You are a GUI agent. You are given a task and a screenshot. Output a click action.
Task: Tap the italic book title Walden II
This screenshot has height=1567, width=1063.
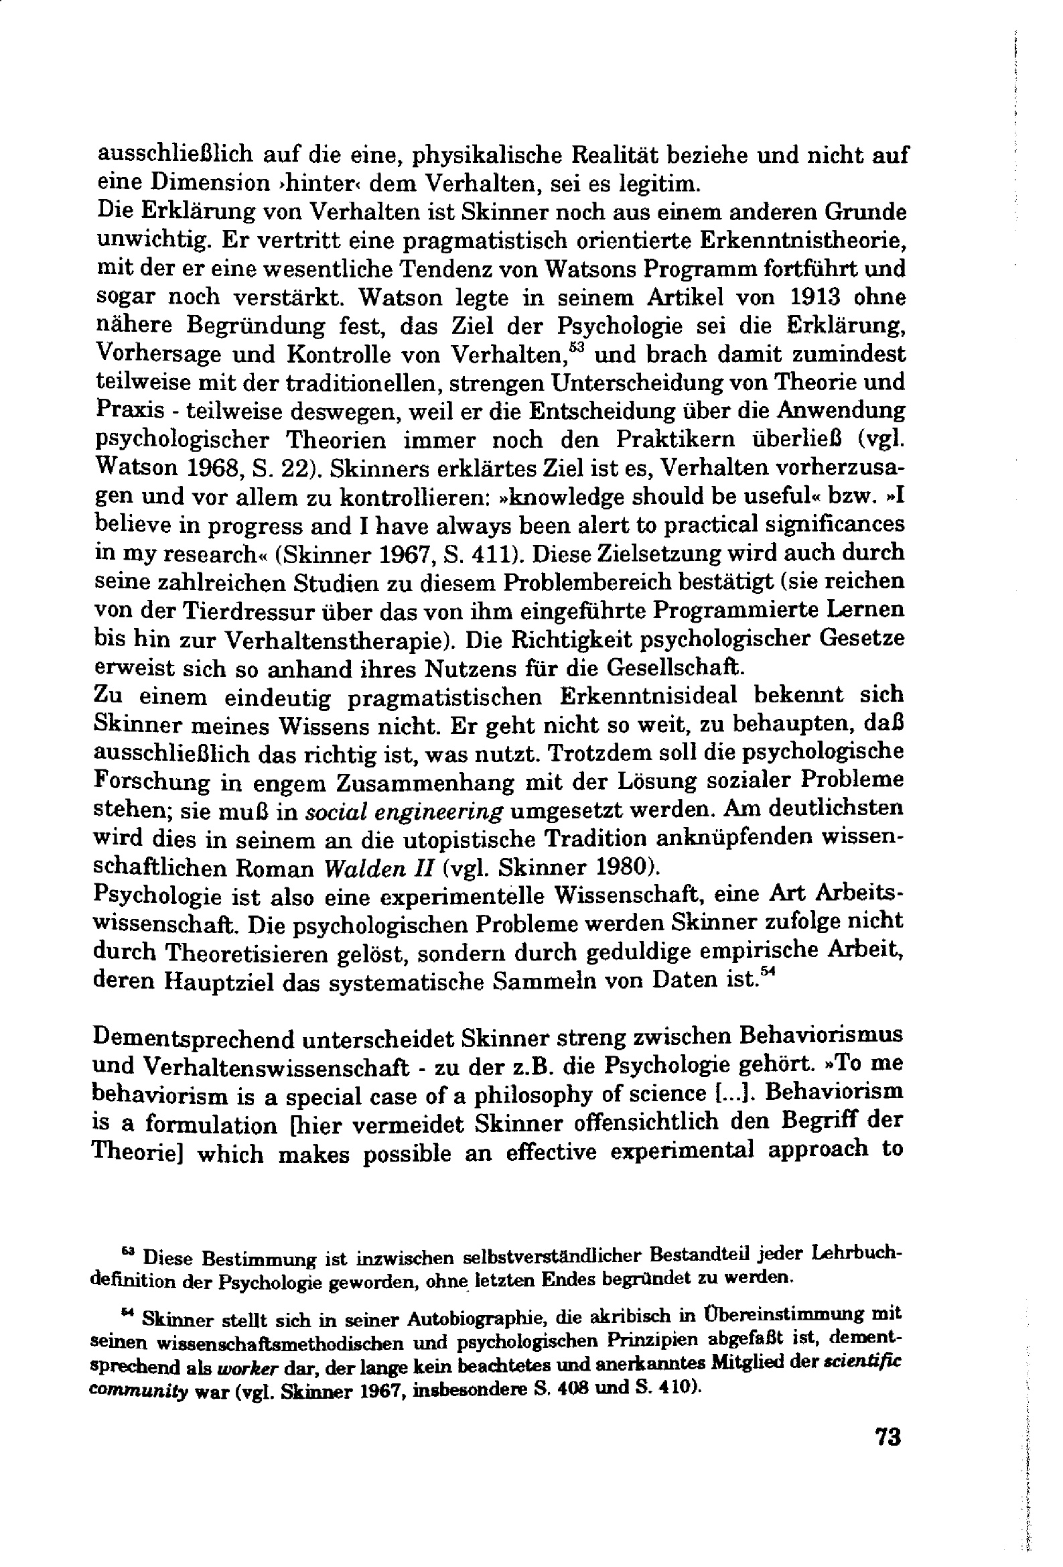pyautogui.click(x=378, y=868)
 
